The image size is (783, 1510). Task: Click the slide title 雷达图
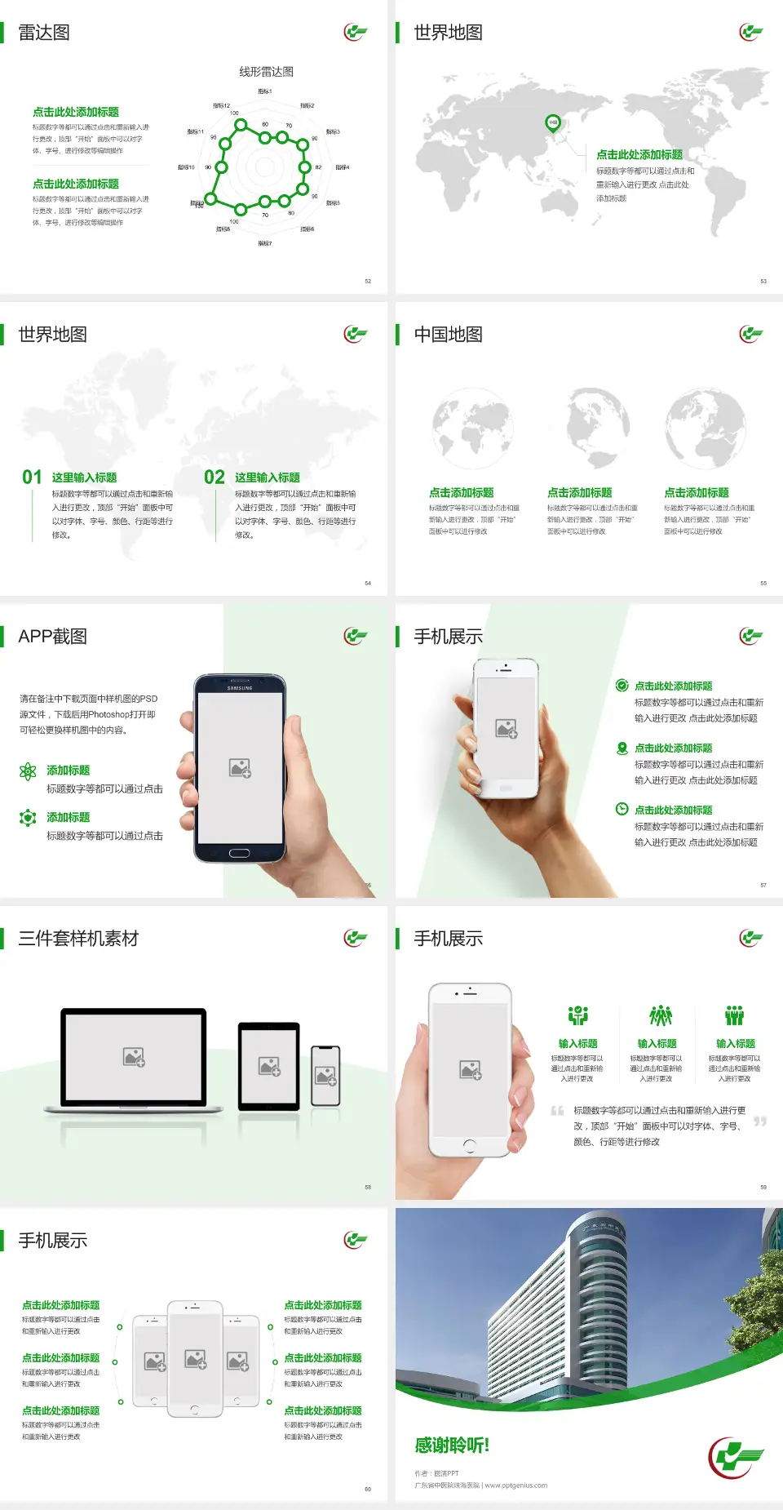click(44, 33)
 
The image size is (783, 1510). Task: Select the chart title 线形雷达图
click(266, 72)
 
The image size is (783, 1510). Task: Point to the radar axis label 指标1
click(265, 91)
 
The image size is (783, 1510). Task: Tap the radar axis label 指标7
click(265, 243)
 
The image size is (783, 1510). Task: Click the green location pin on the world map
click(553, 123)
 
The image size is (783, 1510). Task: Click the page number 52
click(368, 281)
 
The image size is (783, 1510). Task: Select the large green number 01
click(32, 477)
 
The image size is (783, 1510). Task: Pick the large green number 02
click(215, 477)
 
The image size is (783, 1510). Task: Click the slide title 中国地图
click(448, 335)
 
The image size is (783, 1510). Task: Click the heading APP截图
click(53, 637)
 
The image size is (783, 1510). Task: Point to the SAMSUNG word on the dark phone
click(240, 688)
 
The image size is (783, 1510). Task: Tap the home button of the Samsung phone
click(239, 853)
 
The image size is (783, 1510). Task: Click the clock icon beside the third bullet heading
click(622, 809)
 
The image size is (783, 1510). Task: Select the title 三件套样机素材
click(78, 939)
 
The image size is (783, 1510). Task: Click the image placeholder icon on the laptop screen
click(134, 1057)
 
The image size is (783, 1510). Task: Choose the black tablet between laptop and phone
click(269, 1066)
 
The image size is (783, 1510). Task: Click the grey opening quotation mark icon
click(557, 1110)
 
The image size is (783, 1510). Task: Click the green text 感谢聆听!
click(452, 1446)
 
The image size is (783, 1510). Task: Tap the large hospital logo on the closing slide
click(736, 1457)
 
